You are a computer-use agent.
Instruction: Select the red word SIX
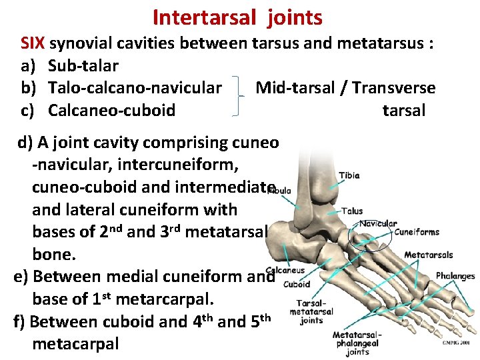33,44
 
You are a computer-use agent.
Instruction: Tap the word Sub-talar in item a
83,66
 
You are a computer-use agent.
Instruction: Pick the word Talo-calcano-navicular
135,87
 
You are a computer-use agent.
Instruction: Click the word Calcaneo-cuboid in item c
112,110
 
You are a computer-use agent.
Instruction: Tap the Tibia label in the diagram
349,176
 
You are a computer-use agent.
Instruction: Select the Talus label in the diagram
351,211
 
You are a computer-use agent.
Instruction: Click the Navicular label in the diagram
378,224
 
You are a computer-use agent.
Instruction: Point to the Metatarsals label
428,255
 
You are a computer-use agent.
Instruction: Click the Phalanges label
455,276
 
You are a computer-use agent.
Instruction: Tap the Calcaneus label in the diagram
286,271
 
